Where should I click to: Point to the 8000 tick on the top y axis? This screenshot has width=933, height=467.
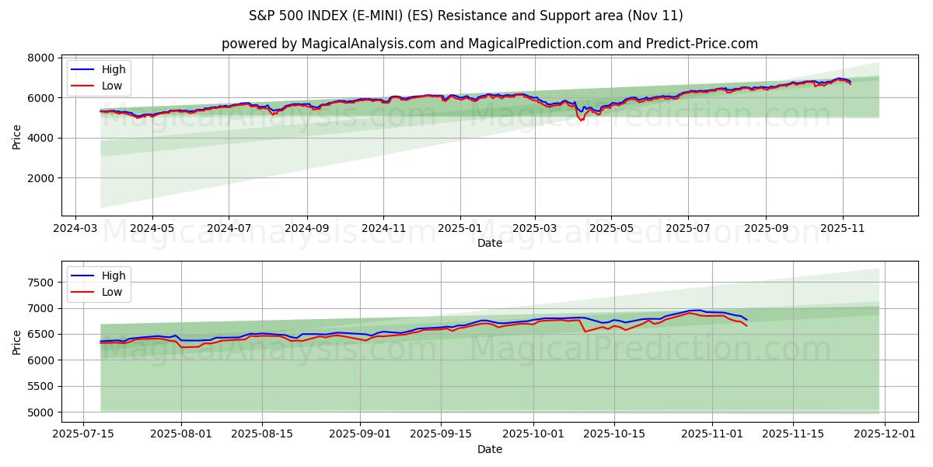pos(41,58)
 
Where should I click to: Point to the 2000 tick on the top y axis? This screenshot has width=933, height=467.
pos(41,178)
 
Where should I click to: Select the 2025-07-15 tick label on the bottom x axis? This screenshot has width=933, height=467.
pos(84,434)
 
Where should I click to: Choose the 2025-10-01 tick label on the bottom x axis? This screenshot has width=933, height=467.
pos(533,434)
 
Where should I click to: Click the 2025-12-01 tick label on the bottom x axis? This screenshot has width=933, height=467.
pos(886,434)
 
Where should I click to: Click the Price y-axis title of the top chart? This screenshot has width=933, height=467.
pos(17,137)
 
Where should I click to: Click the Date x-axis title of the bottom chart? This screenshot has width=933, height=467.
pos(489,449)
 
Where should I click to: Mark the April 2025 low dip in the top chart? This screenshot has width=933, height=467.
pos(581,120)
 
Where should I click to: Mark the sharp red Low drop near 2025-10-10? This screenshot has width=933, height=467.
pos(585,332)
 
